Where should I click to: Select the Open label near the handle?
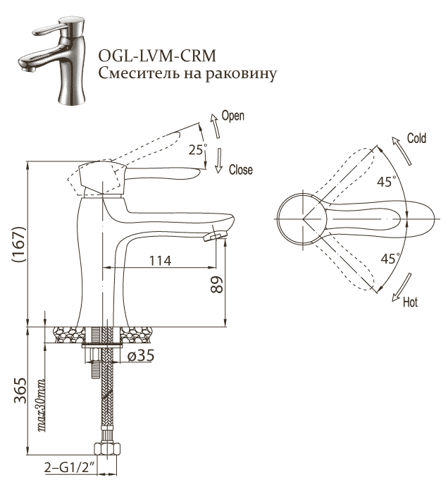tap(233, 116)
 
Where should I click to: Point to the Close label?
tap(240, 170)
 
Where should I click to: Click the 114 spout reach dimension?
tap(161, 260)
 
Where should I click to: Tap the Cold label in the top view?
tap(416, 139)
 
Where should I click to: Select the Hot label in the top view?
tap(410, 303)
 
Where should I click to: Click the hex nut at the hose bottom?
tap(106, 449)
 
